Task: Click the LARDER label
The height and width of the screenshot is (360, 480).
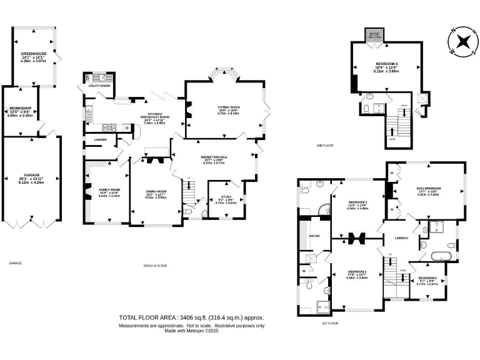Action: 100,139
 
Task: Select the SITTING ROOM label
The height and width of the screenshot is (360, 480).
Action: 229,107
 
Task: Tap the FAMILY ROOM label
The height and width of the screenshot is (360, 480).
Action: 109,189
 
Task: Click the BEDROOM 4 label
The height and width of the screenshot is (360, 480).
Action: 385,64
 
